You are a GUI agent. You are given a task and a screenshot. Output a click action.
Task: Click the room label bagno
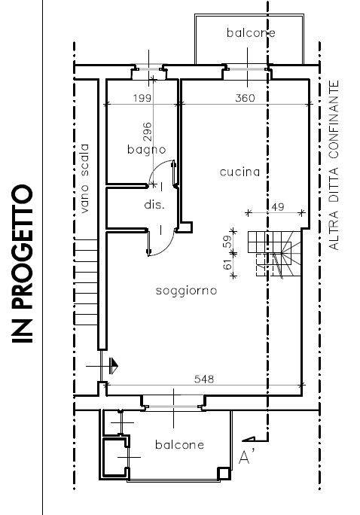coord(147,150)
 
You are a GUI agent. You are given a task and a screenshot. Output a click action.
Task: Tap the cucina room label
coord(239,172)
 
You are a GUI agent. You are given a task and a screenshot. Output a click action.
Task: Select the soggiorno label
coord(186,291)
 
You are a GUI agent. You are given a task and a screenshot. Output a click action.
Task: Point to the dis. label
coord(154,205)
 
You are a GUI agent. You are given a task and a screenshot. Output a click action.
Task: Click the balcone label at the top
coord(251,32)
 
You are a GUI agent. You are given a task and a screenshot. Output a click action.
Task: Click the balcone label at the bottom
coord(180,445)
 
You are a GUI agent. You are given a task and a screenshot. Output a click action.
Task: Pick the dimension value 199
coord(142,98)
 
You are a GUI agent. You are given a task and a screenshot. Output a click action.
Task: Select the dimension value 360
coord(245,98)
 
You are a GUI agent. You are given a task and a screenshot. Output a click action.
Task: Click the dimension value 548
coord(204,379)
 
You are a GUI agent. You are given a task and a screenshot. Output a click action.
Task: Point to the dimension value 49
coord(278,207)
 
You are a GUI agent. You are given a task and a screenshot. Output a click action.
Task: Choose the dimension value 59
coord(227,242)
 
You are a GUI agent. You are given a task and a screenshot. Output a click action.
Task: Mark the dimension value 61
coord(227,264)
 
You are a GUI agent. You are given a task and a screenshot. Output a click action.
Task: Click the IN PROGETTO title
coord(23,264)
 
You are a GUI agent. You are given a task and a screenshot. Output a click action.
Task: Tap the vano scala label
coord(84,178)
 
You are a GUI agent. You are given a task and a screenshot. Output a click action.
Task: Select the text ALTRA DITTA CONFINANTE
coord(334,165)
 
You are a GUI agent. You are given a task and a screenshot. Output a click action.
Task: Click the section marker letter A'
coord(246,457)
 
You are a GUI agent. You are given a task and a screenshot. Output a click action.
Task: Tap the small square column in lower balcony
coord(224,474)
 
